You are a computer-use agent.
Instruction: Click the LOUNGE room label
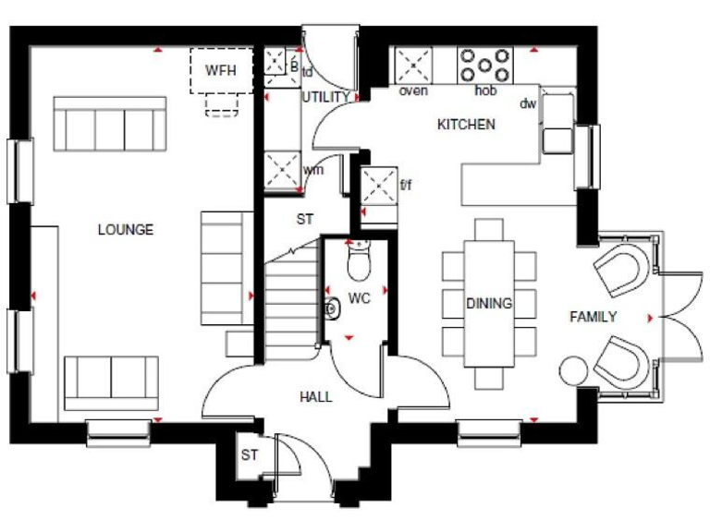(x=126, y=230)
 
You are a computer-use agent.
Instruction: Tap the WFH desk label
(x=221, y=70)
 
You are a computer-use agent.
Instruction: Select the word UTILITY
(x=325, y=96)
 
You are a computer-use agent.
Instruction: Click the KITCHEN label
(x=466, y=125)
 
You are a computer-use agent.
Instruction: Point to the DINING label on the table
(x=489, y=303)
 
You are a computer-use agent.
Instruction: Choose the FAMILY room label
(x=593, y=317)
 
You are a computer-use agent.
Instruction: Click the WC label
(x=359, y=299)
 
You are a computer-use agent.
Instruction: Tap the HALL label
(x=315, y=397)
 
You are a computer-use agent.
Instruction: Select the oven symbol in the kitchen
(x=413, y=66)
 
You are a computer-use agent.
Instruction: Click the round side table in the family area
(x=572, y=369)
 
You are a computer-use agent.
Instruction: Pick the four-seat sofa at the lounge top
(x=110, y=124)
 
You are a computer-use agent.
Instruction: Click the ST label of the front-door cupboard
(x=250, y=455)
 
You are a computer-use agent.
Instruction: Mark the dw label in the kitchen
(x=528, y=103)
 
